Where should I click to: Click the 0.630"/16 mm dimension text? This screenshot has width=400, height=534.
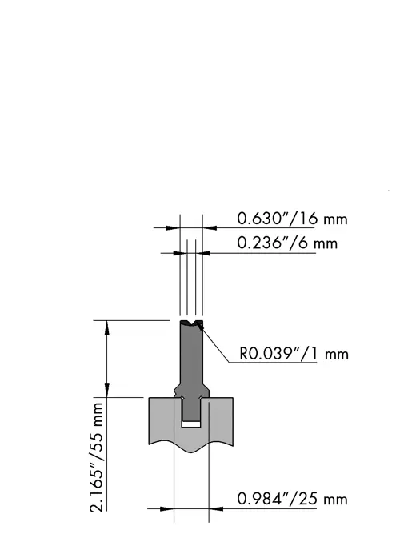[x=292, y=219]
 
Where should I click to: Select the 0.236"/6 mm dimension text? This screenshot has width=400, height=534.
[x=287, y=243]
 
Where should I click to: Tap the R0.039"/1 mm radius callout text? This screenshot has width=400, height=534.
[x=294, y=354]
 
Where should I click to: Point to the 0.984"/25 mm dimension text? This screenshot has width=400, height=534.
[x=292, y=499]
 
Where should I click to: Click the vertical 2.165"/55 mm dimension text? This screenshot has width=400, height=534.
[x=97, y=457]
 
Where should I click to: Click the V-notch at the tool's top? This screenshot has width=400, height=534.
[x=192, y=323]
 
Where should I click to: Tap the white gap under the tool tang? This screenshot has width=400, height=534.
[x=191, y=424]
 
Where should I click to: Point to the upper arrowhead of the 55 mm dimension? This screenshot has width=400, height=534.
[x=107, y=327]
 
